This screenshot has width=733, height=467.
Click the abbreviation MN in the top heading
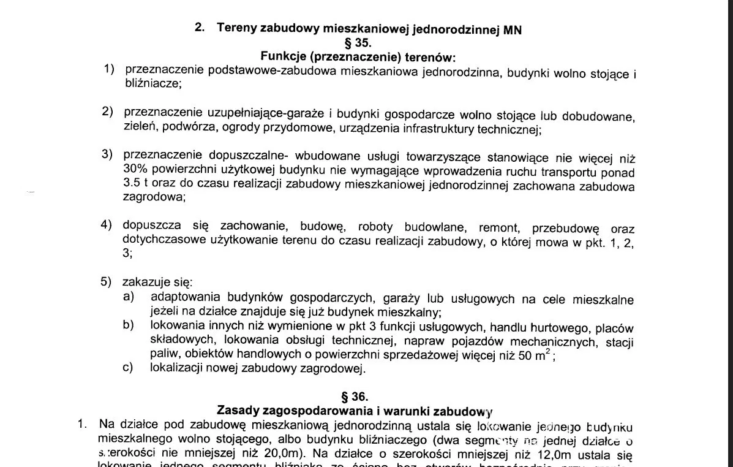click(x=513, y=30)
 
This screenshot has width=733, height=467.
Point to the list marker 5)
click(x=107, y=283)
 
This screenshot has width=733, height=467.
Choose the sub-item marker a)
click(x=128, y=297)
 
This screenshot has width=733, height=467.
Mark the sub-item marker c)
click(x=128, y=368)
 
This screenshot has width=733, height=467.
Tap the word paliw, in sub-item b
click(x=164, y=354)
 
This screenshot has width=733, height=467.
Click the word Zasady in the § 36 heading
click(x=238, y=410)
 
